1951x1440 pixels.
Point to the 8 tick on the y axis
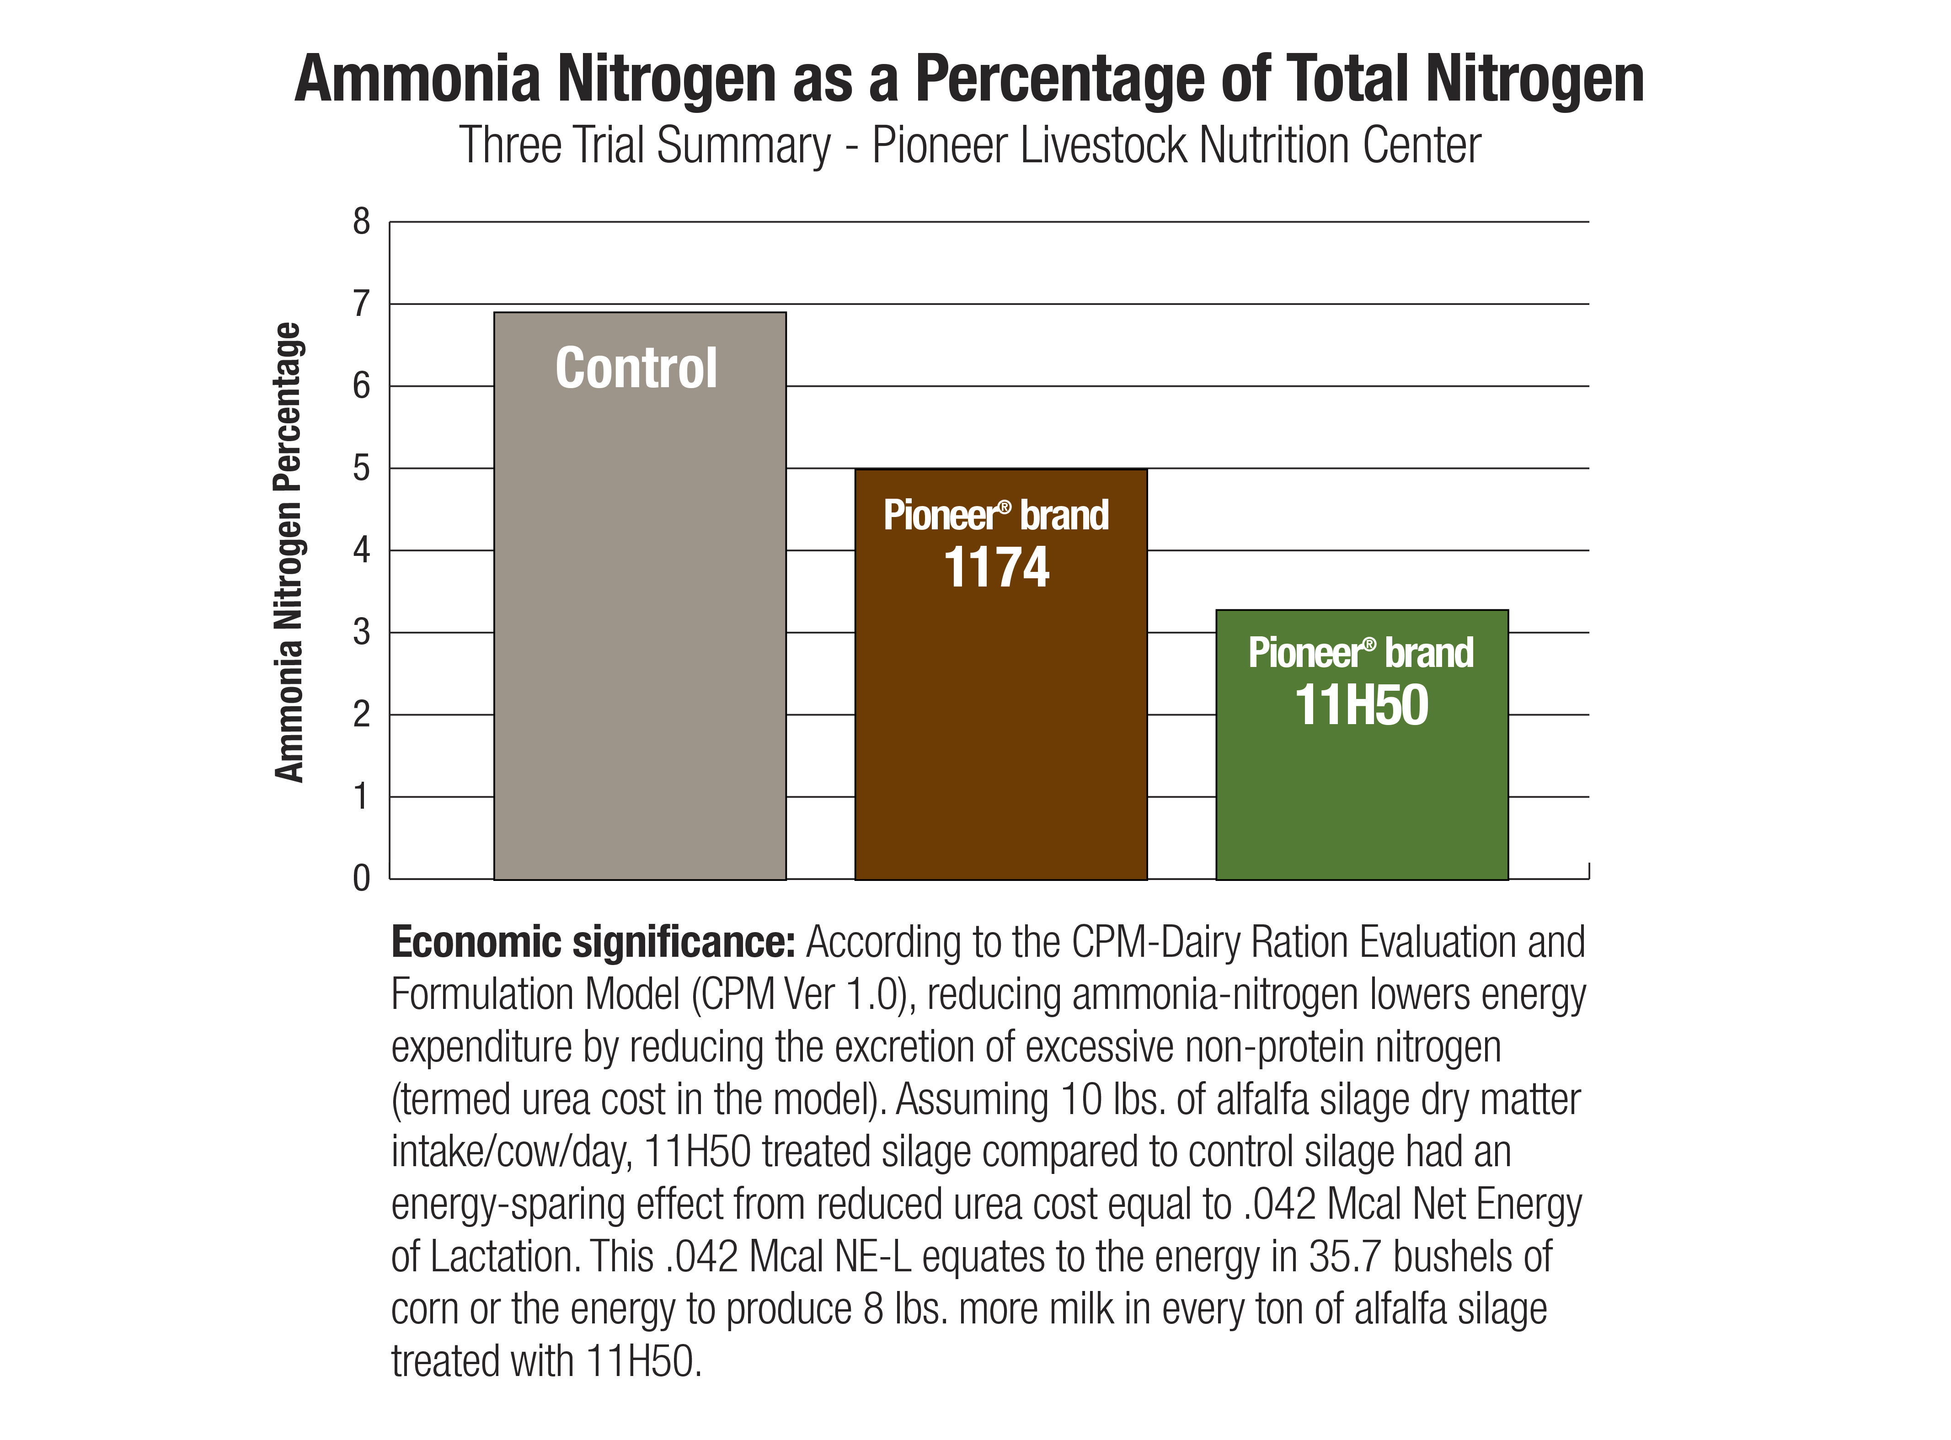coord(361,222)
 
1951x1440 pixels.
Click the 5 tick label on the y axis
coord(361,469)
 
